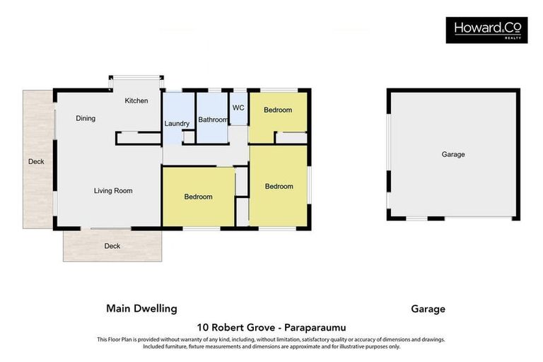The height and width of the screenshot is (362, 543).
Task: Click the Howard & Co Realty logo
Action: click(x=486, y=30)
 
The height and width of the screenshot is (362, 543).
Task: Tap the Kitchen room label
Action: click(x=136, y=101)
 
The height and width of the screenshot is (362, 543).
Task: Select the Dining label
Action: click(x=86, y=119)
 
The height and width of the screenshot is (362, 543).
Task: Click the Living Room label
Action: click(x=113, y=191)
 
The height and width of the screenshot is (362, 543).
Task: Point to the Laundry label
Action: click(x=177, y=124)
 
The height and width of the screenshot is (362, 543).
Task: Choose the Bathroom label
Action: click(x=213, y=120)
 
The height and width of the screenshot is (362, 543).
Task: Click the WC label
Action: click(x=238, y=108)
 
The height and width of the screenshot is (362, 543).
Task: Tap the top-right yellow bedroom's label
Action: click(x=278, y=110)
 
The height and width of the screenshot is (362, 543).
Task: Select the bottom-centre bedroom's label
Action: click(x=198, y=197)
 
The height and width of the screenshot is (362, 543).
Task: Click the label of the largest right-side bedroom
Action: click(x=279, y=187)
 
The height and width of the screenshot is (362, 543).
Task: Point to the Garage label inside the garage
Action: click(x=453, y=154)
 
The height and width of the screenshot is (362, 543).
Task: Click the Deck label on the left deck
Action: click(x=36, y=162)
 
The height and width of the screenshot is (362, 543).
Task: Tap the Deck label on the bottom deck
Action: click(x=112, y=247)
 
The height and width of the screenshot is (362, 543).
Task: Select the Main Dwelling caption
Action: click(x=141, y=309)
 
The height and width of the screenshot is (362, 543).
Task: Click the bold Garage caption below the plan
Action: click(x=428, y=309)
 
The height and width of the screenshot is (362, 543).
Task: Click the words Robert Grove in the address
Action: click(x=238, y=328)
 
